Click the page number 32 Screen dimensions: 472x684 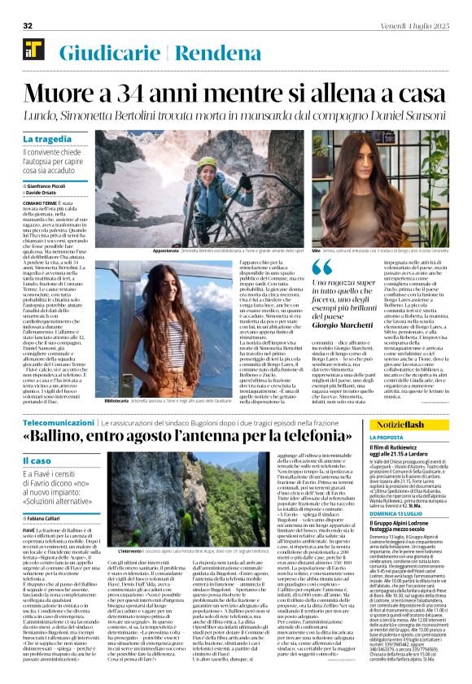(x=28, y=26)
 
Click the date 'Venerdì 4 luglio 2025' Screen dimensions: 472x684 (x=413, y=26)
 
